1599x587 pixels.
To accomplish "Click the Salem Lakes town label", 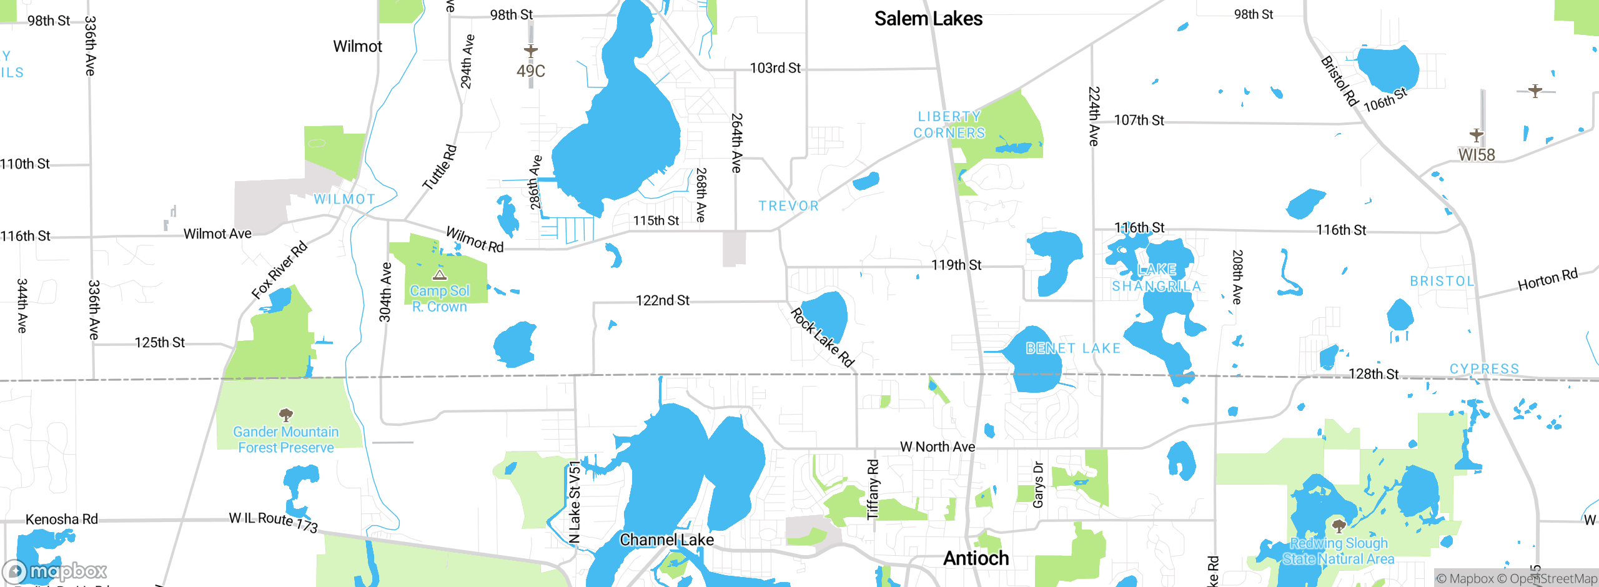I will pyautogui.click(x=928, y=19).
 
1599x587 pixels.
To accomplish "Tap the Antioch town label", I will pyautogui.click(x=976, y=558).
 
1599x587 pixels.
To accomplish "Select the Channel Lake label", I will pyautogui.click(x=666, y=540).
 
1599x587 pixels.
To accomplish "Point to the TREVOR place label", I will pyautogui.click(x=788, y=205).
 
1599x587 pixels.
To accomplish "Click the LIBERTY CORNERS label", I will pyautogui.click(x=949, y=125).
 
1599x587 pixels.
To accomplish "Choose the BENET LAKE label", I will pyautogui.click(x=1073, y=348).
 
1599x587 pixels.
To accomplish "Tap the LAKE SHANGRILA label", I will pyautogui.click(x=1157, y=278).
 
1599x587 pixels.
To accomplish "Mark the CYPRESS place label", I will pyautogui.click(x=1484, y=368).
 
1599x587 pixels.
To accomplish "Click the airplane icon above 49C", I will pyautogui.click(x=530, y=51).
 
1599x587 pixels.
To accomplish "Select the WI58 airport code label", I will pyautogui.click(x=1476, y=154).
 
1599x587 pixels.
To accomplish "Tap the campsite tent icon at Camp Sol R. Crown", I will pyautogui.click(x=440, y=275).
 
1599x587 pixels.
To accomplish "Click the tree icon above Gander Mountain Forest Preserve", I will pyautogui.click(x=286, y=415).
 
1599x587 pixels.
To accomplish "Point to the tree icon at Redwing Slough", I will pyautogui.click(x=1339, y=525).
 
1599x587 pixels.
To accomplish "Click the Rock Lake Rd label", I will pyautogui.click(x=822, y=338).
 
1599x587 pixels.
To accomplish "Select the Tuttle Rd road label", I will pyautogui.click(x=440, y=167).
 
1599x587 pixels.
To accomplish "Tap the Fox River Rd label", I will pyautogui.click(x=279, y=269).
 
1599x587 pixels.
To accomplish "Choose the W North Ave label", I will pyautogui.click(x=937, y=446).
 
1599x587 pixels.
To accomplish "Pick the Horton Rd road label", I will pyautogui.click(x=1547, y=279).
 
